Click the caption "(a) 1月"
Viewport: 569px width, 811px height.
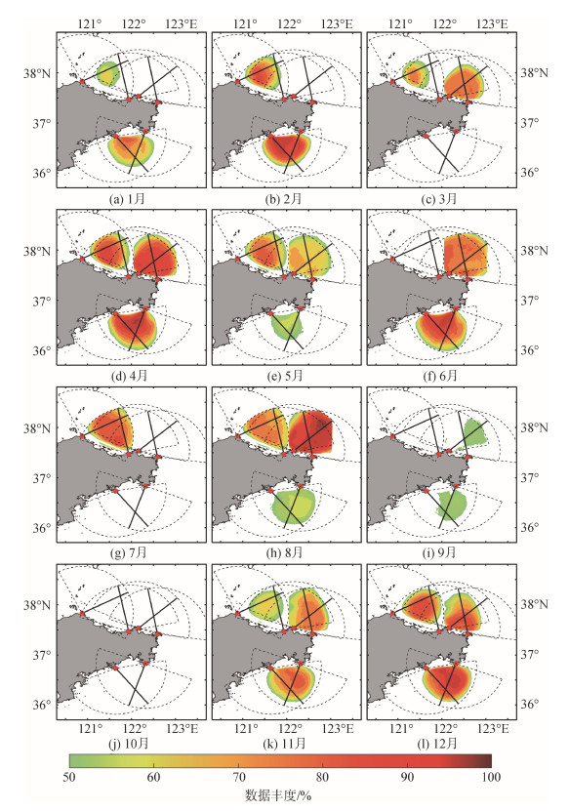[x=128, y=199]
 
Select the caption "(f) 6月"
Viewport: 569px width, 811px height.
[x=440, y=376]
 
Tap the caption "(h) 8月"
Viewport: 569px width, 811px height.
[x=285, y=553]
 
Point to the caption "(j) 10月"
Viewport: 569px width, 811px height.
[x=128, y=744]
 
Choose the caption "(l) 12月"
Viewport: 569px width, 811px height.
[x=438, y=744]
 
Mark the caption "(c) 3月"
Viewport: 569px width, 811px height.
[x=439, y=199]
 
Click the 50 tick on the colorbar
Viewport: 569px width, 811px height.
[x=68, y=777]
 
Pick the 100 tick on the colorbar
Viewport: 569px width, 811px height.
[x=491, y=777]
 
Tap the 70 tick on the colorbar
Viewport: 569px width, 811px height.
[x=238, y=777]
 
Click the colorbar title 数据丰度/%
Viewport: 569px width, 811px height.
[x=278, y=795]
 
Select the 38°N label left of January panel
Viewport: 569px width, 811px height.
[x=37, y=73]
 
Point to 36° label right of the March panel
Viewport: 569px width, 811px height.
[x=529, y=173]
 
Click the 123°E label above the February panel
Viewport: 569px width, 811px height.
[x=337, y=23]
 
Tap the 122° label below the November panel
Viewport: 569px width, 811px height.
[x=291, y=729]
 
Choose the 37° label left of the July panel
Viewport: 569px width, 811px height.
[x=42, y=478]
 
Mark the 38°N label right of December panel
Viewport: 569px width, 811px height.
[x=534, y=604]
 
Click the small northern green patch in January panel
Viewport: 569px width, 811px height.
[x=108, y=73]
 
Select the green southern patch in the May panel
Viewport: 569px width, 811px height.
[x=288, y=327]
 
